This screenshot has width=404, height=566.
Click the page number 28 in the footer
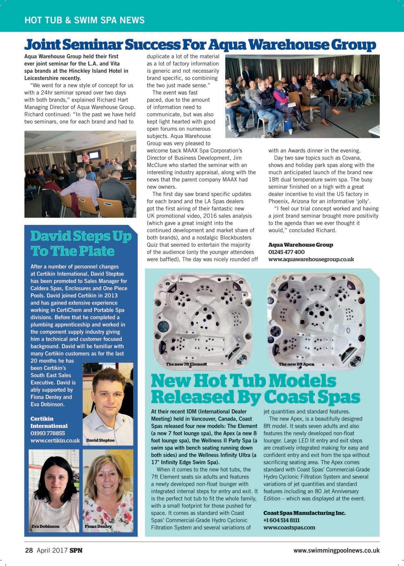coord(29,550)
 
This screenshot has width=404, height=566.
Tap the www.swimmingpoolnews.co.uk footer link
coord(336,550)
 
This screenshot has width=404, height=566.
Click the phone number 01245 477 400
coord(286,252)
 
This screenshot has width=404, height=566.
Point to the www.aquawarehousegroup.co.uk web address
coord(311,259)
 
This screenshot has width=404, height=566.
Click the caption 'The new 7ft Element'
coord(186,364)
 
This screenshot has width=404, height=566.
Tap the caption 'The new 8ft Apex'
coord(296,364)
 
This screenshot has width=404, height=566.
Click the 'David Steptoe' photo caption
coord(100,440)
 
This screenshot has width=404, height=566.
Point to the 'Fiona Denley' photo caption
coord(98,526)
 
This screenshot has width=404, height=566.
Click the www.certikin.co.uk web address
coord(55,440)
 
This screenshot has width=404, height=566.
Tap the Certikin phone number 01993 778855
coord(47,433)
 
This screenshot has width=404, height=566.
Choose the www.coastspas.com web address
coord(289,527)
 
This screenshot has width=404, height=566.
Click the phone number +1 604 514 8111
coord(281,520)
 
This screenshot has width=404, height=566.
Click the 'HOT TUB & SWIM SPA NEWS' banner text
coord(85,20)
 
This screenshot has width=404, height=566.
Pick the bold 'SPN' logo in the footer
coord(76,550)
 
